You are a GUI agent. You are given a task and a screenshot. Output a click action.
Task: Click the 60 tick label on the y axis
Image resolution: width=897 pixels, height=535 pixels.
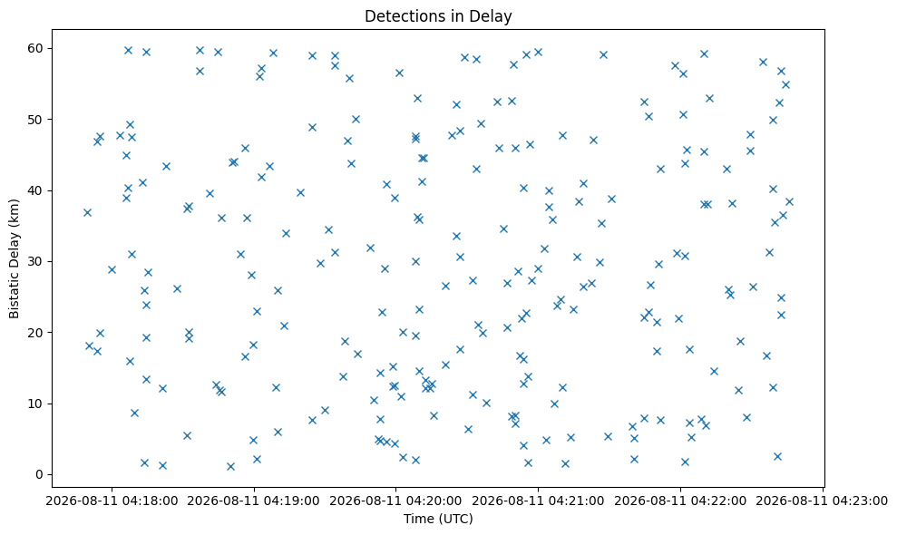pos(36,48)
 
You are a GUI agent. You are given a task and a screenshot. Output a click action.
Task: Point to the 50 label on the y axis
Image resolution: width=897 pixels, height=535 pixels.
pos(36,120)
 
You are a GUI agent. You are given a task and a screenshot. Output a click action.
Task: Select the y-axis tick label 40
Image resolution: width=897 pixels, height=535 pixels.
pos(36,190)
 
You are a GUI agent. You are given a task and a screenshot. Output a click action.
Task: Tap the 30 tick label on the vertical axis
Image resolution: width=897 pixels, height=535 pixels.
pos(36,261)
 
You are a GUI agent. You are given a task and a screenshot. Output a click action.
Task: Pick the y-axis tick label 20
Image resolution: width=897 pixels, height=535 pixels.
pos(36,333)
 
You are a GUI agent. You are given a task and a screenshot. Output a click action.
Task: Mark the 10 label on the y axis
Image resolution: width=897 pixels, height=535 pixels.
pos(36,404)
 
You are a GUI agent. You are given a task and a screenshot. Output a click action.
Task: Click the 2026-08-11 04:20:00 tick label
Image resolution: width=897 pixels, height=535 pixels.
pos(395,501)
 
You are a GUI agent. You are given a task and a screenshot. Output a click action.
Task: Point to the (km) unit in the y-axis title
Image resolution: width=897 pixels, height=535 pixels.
pos(15,212)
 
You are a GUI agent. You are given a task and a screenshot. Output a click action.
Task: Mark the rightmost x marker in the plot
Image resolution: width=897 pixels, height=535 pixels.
pos(789,201)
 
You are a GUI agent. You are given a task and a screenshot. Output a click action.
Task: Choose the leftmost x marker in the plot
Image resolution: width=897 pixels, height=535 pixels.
pos(88,212)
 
